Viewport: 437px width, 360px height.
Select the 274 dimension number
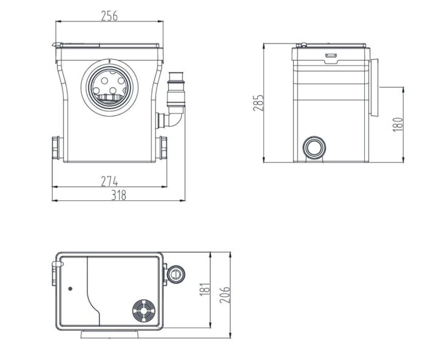coord(109,182)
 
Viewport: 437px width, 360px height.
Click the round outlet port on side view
coord(314,148)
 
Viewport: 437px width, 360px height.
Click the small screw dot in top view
coord(70,289)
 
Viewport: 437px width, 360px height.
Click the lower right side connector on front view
coord(163,148)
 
